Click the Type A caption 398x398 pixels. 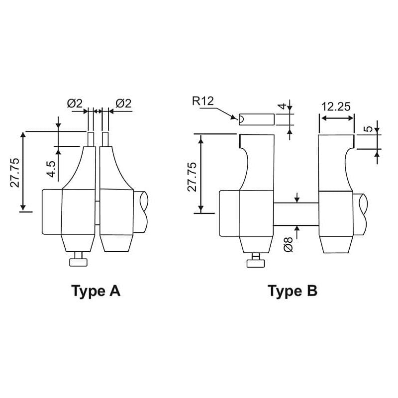click(96, 292)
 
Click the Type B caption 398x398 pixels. click(293, 291)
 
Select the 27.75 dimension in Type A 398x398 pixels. click(15, 173)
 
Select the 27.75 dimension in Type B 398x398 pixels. click(192, 177)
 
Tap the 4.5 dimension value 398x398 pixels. click(51, 169)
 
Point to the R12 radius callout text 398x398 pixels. click(203, 101)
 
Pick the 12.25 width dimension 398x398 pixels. click(336, 106)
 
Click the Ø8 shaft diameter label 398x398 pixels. click(289, 245)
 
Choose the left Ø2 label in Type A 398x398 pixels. click(75, 103)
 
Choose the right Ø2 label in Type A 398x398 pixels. click(123, 103)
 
